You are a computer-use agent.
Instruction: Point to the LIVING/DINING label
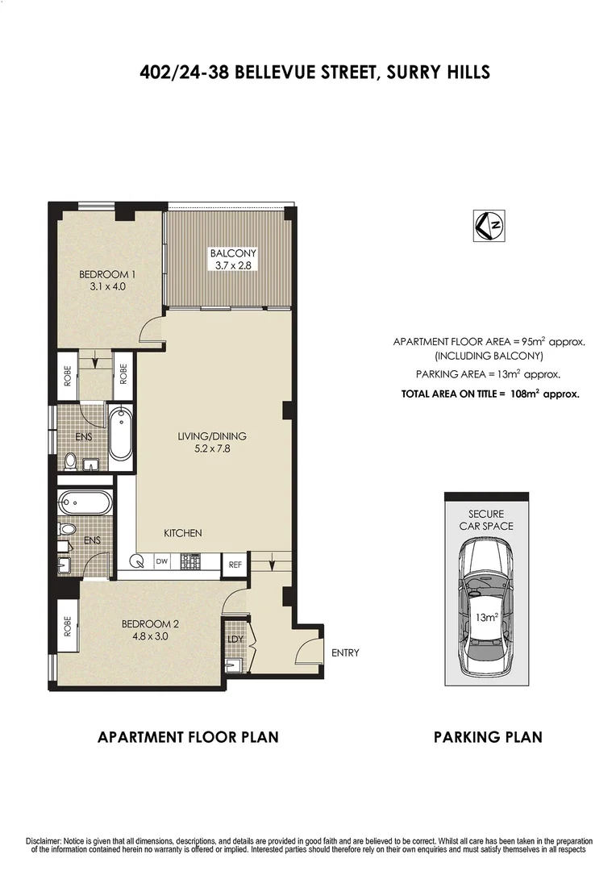pos(212,436)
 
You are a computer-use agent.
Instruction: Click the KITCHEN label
pos(183,533)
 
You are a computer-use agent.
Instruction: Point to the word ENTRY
pos(345,652)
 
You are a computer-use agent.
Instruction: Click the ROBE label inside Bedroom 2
pos(67,627)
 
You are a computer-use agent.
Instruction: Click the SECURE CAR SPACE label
pos(485,520)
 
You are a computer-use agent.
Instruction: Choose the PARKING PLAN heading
pos(488,736)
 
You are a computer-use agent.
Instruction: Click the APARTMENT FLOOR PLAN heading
pos(188,736)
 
